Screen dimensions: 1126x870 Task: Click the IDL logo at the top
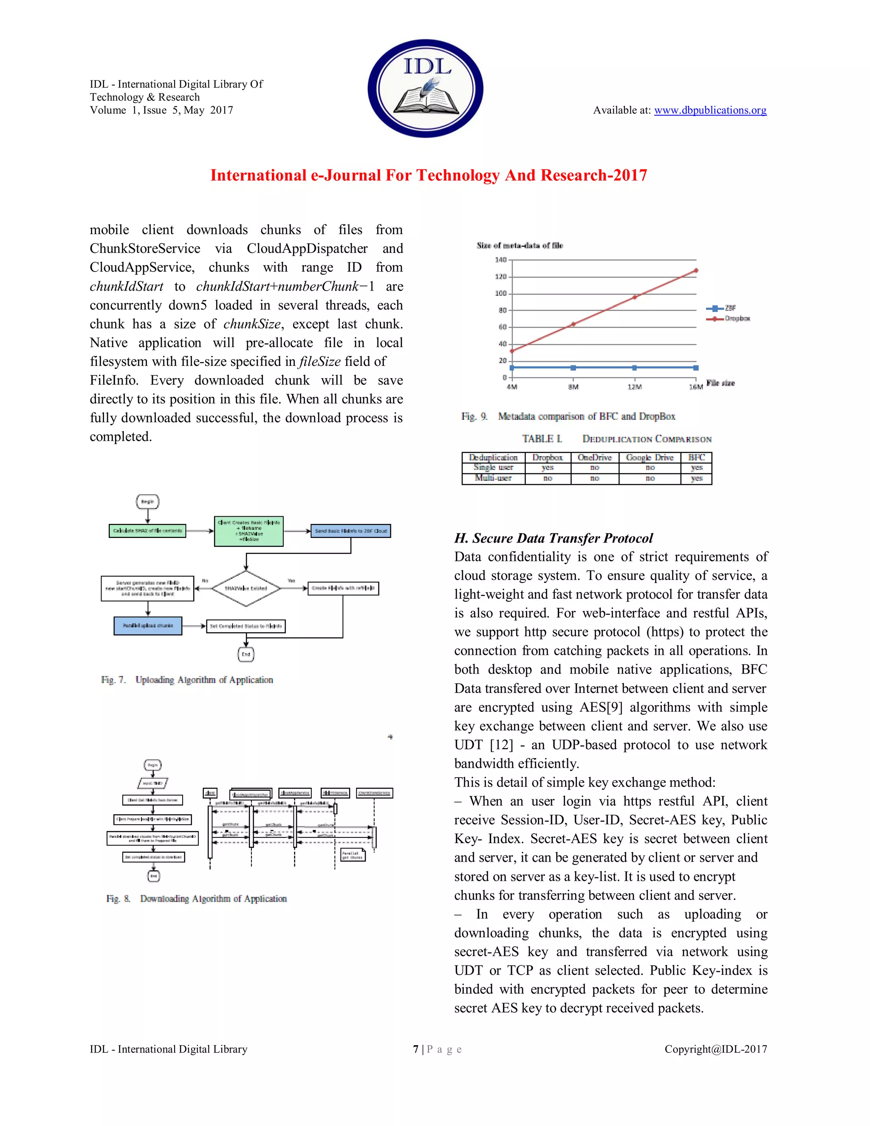click(x=425, y=88)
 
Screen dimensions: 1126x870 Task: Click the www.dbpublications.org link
click(x=710, y=110)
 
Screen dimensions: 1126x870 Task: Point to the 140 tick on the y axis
click(x=500, y=260)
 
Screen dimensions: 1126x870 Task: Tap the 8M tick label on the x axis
click(x=573, y=387)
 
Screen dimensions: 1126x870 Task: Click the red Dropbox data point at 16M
click(x=696, y=270)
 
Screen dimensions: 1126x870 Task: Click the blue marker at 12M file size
click(x=635, y=368)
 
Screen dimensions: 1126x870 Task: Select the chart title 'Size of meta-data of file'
click(x=520, y=246)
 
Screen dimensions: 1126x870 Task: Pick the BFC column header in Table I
click(x=696, y=457)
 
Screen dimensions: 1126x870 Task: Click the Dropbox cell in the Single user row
click(x=547, y=468)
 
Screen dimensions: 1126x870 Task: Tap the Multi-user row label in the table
click(x=493, y=478)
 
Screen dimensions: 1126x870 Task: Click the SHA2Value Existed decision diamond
click(x=246, y=588)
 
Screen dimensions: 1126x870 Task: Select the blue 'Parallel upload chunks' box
click(x=148, y=625)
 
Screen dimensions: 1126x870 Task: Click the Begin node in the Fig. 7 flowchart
click(x=147, y=502)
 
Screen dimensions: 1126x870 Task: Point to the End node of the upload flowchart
click(x=246, y=654)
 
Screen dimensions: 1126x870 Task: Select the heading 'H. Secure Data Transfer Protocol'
click(x=553, y=538)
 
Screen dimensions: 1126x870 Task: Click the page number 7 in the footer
click(x=415, y=1049)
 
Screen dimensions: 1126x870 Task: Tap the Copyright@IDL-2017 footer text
click(x=715, y=1049)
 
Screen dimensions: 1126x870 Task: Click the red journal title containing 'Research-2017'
click(x=428, y=175)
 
